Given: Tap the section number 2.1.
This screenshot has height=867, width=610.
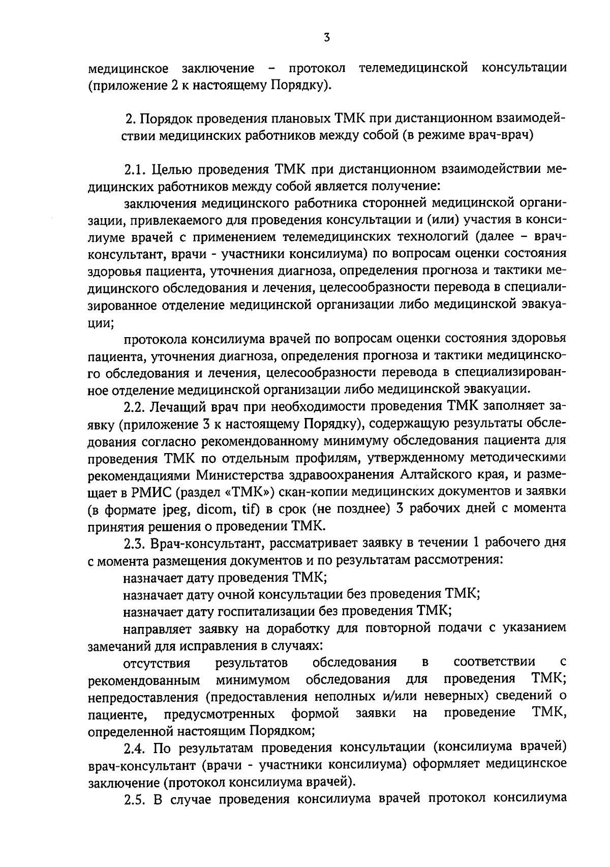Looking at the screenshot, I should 135,169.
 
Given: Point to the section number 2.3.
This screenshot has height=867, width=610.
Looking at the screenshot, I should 135,543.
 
